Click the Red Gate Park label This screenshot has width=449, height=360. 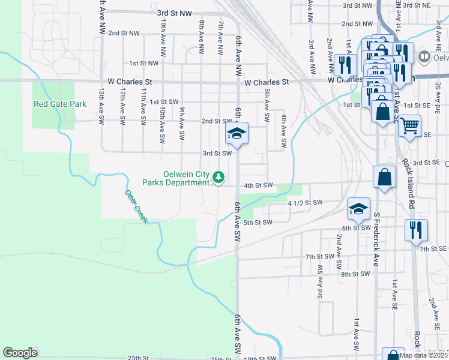[x=60, y=104]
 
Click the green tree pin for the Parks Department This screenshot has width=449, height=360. [x=220, y=177]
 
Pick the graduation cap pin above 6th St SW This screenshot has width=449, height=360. [x=358, y=208]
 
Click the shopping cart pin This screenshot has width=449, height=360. [x=410, y=125]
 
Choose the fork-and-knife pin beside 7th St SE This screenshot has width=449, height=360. [x=416, y=230]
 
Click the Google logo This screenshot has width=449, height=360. [x=20, y=353]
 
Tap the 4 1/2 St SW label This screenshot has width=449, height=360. [x=306, y=202]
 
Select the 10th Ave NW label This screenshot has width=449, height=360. [x=163, y=34]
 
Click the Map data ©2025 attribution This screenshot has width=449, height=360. [x=423, y=355]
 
